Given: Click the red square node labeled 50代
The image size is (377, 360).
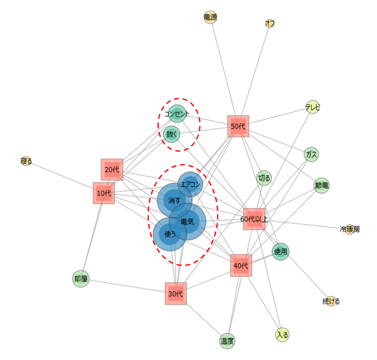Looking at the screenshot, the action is point(238,126).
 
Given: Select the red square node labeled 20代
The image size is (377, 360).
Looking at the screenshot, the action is point(112,169).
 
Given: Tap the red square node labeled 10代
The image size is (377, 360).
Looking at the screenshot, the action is point(104,193).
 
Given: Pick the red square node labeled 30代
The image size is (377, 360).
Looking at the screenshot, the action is point(176,294).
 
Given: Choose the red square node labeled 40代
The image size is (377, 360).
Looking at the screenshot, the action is point(241,266).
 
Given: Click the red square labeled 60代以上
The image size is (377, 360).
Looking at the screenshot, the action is point(254,219).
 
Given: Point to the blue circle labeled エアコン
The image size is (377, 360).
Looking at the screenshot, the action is point(190,184).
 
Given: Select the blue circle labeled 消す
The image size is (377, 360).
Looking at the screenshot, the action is point(174,201).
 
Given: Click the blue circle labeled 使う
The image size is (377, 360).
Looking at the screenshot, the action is point(170,234).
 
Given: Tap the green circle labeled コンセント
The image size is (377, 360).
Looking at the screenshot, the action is point(177,114).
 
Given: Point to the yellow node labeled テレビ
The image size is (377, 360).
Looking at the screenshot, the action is point(313,107).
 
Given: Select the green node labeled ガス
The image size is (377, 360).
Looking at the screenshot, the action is point(311,155).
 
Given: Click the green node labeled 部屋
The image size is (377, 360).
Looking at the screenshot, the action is point(81,279).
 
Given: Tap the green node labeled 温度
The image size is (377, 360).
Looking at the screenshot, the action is point(227,341).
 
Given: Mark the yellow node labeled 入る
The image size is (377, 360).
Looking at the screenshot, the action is point(282,334).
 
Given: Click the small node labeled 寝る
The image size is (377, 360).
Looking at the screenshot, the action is point(26,161).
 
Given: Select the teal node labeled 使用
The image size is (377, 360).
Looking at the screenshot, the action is point(280,251).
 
